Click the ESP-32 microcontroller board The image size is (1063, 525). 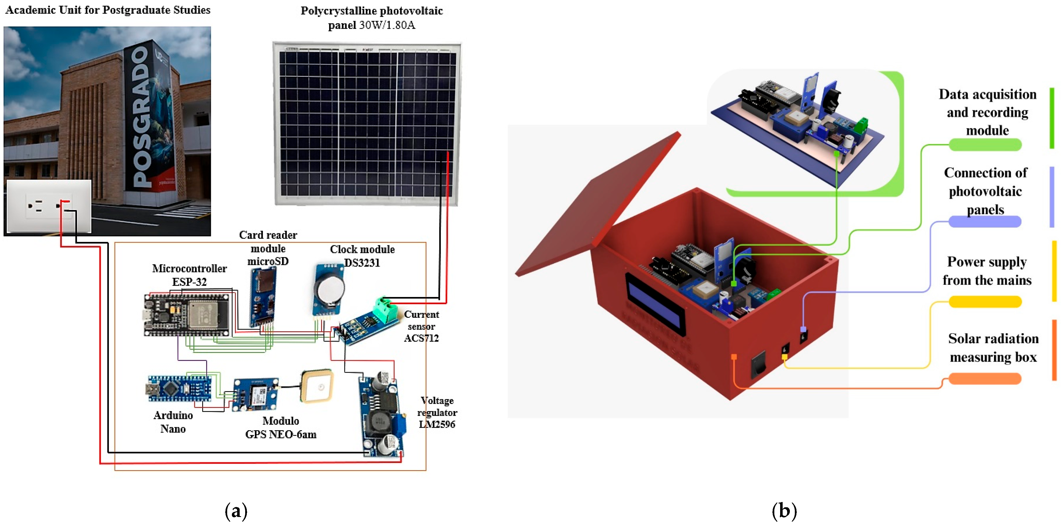point(187,314)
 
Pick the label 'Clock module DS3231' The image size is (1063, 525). point(362,256)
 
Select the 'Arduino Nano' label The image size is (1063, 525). point(173,422)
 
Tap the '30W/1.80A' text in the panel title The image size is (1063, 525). point(387,25)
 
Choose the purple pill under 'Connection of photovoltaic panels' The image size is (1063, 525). point(985,222)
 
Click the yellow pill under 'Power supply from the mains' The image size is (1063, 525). point(985,302)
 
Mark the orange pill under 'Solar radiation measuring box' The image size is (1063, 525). point(985,378)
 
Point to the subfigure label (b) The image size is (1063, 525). point(784,511)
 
